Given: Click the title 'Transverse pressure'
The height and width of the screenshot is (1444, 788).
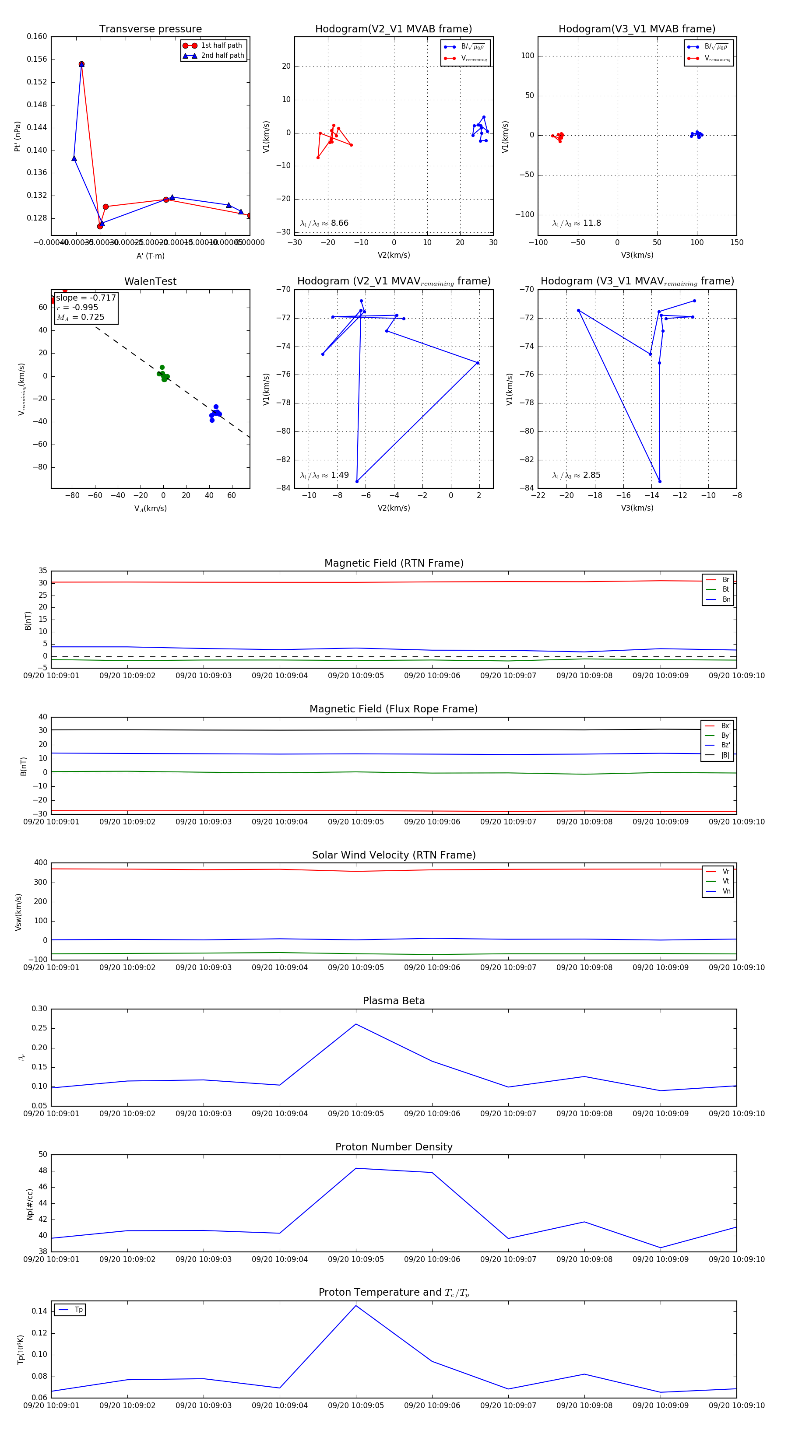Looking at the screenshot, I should [150, 29].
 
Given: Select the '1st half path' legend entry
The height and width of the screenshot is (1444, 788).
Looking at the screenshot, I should [221, 46].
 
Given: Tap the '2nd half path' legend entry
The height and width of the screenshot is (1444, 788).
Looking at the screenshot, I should [222, 56].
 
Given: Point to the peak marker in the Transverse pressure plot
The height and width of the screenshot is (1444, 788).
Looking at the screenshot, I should [81, 64].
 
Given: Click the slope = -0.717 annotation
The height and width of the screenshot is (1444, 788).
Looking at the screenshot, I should [86, 298].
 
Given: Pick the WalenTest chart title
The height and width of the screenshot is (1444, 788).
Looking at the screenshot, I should [150, 281].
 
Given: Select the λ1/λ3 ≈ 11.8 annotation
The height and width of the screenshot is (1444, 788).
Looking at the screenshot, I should [577, 223].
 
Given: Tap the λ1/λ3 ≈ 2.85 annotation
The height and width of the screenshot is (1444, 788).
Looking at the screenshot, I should [577, 475].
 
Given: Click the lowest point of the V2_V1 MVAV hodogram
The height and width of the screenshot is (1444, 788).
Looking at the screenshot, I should [357, 481].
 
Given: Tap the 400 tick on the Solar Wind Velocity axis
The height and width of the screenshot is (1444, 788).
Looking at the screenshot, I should [40, 863].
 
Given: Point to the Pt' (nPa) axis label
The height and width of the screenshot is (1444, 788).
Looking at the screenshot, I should [18, 136].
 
